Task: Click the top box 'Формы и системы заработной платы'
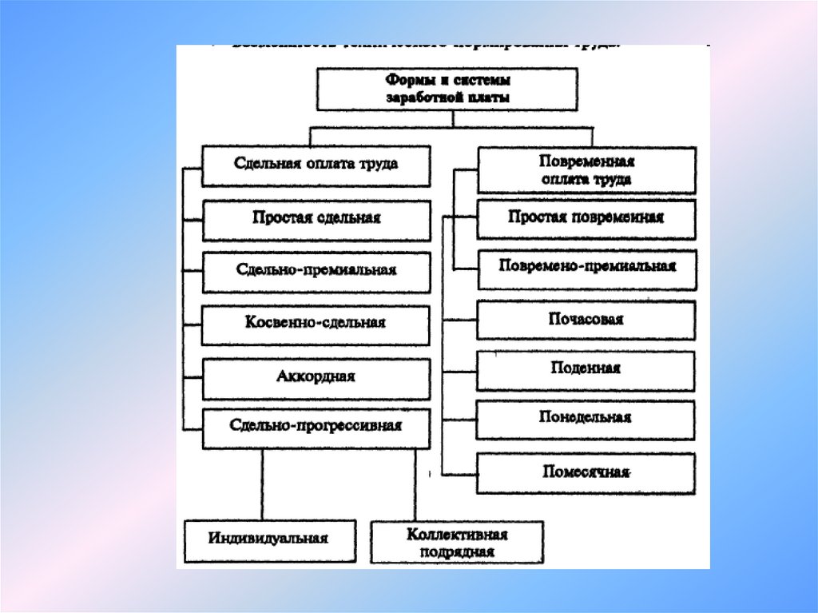(447, 89)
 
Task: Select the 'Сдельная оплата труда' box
(316, 165)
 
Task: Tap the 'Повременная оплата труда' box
(586, 170)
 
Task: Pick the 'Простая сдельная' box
(316, 219)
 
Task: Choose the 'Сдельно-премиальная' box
(316, 271)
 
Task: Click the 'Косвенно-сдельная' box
(316, 324)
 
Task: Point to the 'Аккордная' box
(316, 377)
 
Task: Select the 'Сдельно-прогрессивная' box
(316, 427)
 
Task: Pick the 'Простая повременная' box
(586, 218)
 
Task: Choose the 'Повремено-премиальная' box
(586, 267)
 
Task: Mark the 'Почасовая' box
(586, 320)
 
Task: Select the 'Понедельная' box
(586, 418)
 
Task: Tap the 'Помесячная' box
(586, 472)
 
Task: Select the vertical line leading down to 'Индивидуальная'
(263, 484)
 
